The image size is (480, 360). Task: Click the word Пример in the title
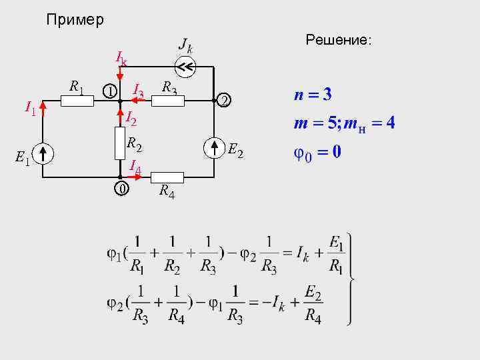coord(75,20)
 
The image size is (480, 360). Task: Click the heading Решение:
coord(338,41)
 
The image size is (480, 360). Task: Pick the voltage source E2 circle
coord(213,147)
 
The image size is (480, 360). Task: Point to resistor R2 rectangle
coord(120,139)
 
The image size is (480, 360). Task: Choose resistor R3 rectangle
coord(167,101)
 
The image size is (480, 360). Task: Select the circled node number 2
coord(225,101)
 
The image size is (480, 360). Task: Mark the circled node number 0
coord(120,189)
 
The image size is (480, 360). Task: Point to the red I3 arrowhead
coord(133,101)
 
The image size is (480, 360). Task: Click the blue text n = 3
coord(313,94)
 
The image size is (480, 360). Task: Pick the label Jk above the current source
coord(186,46)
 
